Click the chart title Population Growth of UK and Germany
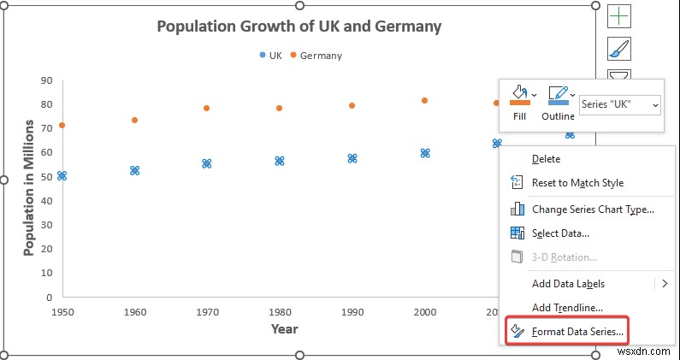(299, 27)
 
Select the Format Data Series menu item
(578, 331)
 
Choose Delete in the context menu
(546, 159)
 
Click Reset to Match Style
(577, 183)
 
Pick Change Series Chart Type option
(592, 210)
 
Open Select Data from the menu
(559, 233)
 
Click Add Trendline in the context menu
(567, 308)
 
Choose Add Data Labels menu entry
(568, 284)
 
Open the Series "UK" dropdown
(619, 104)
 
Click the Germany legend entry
(316, 56)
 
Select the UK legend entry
(270, 56)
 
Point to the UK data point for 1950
(62, 176)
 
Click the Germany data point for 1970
(206, 109)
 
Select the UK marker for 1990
(352, 158)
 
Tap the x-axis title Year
(284, 329)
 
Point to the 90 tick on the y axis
(47, 81)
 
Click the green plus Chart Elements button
(619, 15)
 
